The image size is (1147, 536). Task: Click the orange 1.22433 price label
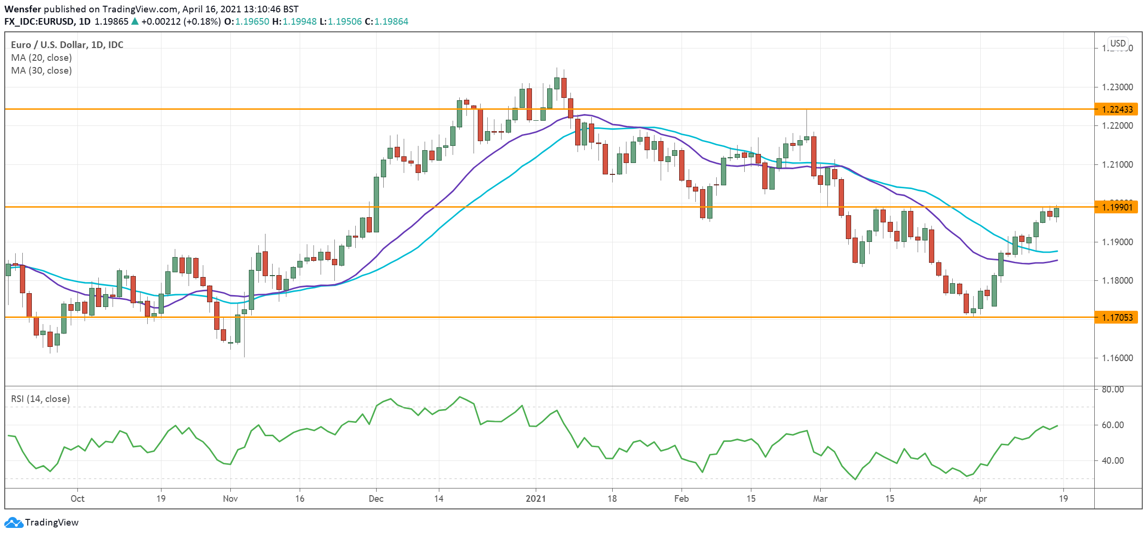pos(1117,109)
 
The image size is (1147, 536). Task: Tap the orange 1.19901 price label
pos(1117,207)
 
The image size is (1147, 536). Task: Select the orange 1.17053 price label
pos(1117,317)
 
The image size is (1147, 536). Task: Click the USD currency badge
pos(1118,43)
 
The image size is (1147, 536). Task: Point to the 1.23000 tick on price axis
pos(1117,87)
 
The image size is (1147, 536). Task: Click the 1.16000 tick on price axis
pos(1117,358)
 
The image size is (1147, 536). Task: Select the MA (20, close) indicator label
pos(41,57)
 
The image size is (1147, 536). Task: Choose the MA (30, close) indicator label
pos(41,70)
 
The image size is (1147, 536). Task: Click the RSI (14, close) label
pos(40,399)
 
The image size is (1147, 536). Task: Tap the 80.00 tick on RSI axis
pos(1112,389)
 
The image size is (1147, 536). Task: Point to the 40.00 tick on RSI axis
pos(1112,460)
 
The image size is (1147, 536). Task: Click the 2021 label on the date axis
pos(536,498)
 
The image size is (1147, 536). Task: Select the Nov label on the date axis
pos(230,498)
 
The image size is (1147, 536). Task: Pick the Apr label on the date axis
pos(980,498)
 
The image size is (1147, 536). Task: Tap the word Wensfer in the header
pos(22,9)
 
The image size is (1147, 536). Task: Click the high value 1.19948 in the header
pos(299,21)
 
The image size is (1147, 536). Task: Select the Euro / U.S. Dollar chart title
pos(67,45)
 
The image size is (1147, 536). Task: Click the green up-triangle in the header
pos(135,21)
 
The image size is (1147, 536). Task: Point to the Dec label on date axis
pos(376,498)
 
